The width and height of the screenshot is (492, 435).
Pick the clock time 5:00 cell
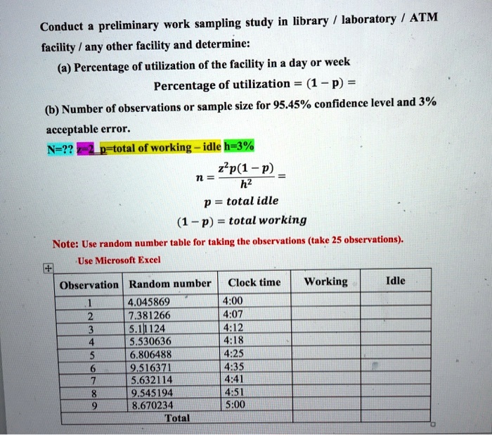click(x=232, y=405)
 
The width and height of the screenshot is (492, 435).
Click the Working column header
click(x=325, y=282)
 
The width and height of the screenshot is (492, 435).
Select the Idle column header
click(x=396, y=282)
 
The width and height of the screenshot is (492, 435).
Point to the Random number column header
click(x=169, y=283)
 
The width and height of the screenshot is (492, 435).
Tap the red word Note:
click(x=68, y=244)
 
